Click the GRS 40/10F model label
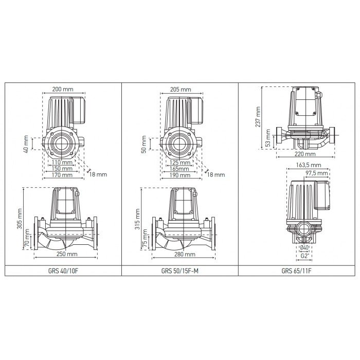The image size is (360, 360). pyautogui.click(x=63, y=271)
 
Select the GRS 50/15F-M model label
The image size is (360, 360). pyautogui.click(x=180, y=271)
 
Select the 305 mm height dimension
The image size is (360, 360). pyautogui.click(x=20, y=218)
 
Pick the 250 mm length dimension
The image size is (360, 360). pyautogui.click(x=66, y=255)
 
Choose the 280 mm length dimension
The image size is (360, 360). pyautogui.click(x=184, y=255)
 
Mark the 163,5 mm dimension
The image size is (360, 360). pyautogui.click(x=309, y=166)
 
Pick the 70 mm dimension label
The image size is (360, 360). pyautogui.click(x=27, y=242)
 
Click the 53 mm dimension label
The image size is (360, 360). pyautogui.click(x=268, y=142)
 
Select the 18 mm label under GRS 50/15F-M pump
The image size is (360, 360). pyautogui.click(x=216, y=175)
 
